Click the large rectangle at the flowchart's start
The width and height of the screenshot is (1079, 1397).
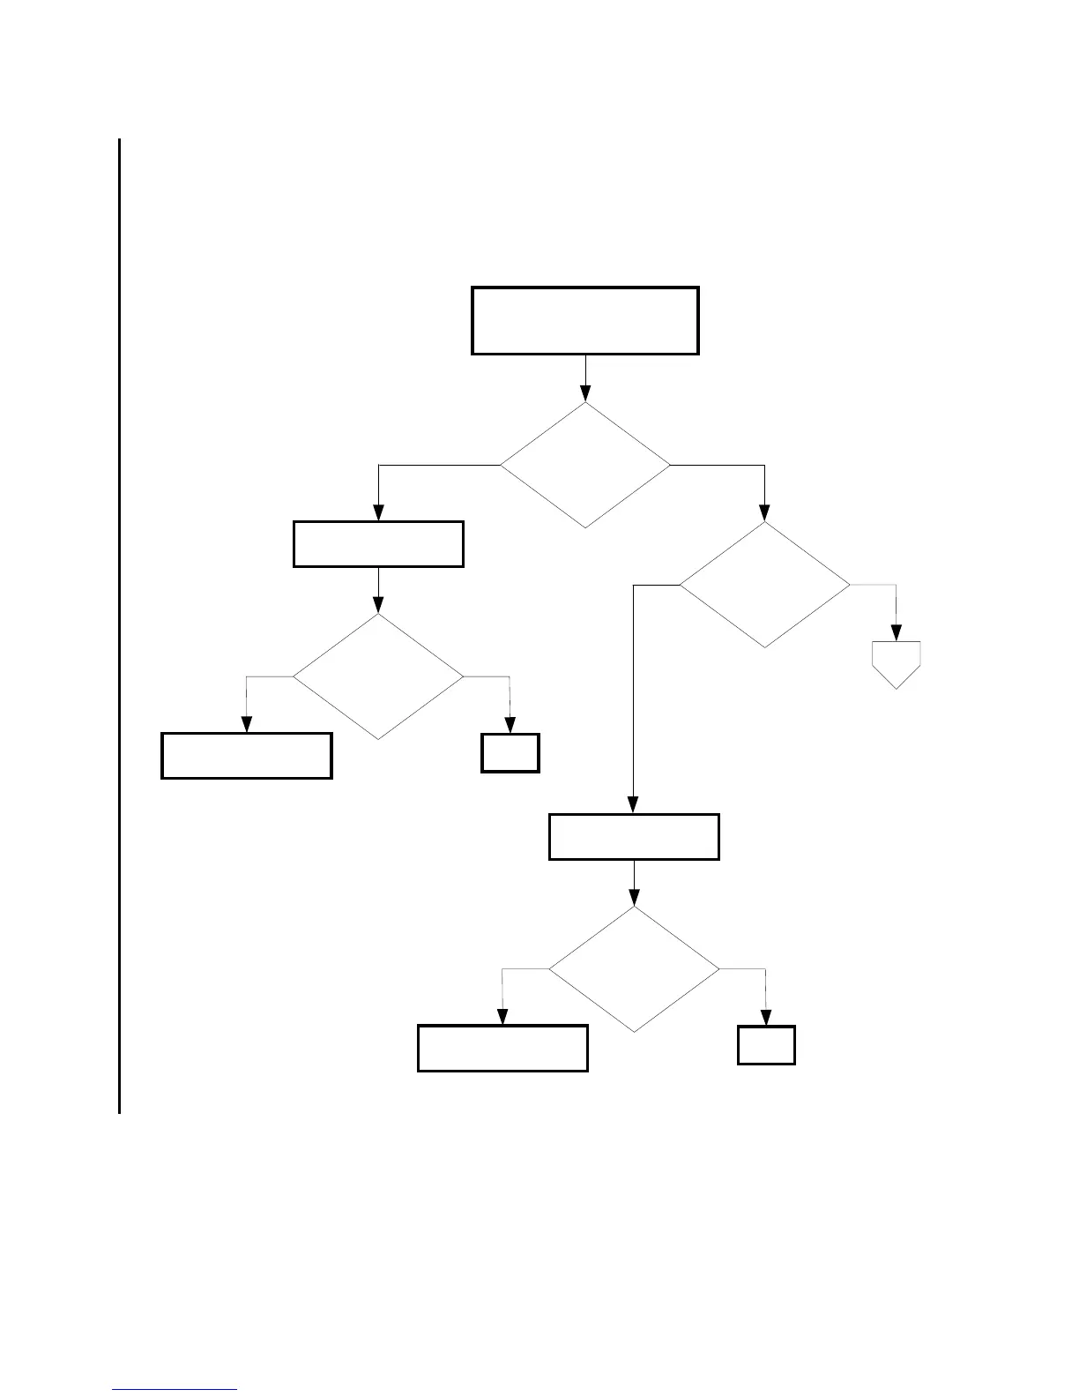(585, 320)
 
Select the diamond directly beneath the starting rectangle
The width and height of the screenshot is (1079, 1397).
(585, 465)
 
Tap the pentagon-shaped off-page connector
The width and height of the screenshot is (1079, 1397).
(897, 662)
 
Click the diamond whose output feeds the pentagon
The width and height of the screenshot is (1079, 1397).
(764, 585)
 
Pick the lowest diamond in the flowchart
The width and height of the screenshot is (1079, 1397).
(634, 969)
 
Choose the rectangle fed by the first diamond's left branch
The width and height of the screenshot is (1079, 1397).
(378, 543)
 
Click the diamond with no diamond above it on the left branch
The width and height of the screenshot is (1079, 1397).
(378, 676)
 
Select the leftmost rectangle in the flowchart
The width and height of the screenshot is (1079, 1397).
(247, 755)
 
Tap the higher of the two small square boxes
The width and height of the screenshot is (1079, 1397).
(510, 753)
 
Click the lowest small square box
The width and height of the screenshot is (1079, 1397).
(766, 1045)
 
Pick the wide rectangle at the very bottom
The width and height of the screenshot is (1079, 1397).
(502, 1048)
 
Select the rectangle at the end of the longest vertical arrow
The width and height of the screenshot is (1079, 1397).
(634, 836)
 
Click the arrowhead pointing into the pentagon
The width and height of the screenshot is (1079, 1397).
(897, 633)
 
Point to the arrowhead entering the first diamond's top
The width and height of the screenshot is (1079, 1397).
(585, 394)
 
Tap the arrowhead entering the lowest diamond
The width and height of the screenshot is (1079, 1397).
(634, 899)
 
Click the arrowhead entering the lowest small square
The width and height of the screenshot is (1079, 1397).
(766, 1018)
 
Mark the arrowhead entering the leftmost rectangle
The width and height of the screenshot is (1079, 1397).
(246, 725)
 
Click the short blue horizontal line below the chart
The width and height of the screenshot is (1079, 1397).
(175, 1389)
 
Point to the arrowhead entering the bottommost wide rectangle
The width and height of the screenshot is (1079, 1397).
(502, 1017)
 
